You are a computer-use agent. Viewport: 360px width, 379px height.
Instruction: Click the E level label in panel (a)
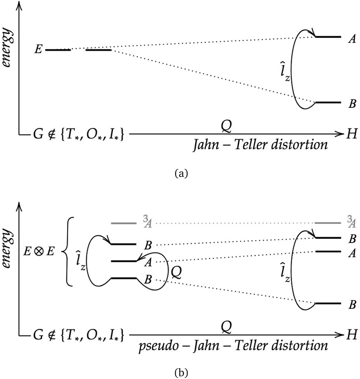click(38, 50)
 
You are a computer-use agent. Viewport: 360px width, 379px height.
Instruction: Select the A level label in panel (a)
click(352, 39)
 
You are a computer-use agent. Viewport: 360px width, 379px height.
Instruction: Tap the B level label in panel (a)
click(352, 103)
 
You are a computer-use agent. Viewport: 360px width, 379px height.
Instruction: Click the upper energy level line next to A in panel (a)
click(328, 37)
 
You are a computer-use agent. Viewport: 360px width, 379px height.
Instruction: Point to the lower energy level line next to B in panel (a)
click(328, 103)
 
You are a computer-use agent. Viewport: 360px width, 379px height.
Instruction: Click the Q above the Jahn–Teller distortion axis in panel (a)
click(226, 125)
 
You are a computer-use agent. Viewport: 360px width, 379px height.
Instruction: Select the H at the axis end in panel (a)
click(352, 133)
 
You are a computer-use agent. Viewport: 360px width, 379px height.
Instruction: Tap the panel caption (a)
click(181, 174)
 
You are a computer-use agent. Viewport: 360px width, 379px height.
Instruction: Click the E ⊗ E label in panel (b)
click(38, 252)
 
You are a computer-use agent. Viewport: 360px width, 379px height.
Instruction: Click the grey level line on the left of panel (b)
click(124, 223)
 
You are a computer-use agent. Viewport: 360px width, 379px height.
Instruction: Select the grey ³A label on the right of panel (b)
click(352, 223)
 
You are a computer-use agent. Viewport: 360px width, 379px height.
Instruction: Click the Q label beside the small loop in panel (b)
click(176, 272)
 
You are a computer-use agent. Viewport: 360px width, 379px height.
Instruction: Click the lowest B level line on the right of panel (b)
click(328, 303)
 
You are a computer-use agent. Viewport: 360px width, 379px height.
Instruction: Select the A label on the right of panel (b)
click(352, 253)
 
